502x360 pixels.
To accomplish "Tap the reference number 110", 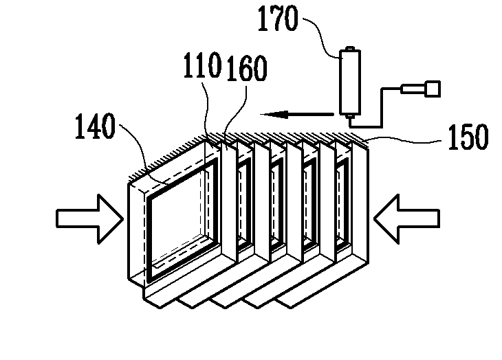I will [x=201, y=67].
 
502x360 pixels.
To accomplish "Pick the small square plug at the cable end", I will [x=432, y=87].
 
